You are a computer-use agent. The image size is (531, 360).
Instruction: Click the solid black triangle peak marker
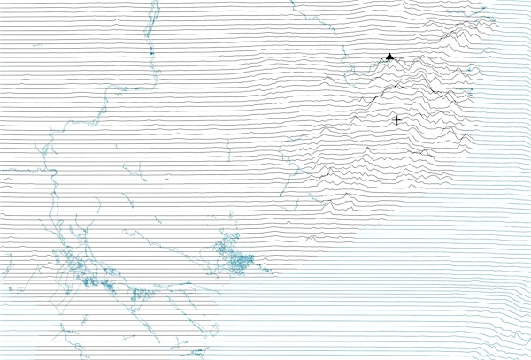pos(389,57)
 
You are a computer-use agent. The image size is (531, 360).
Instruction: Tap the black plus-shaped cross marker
pos(396,119)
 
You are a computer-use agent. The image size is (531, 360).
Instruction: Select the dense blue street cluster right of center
pos(237,260)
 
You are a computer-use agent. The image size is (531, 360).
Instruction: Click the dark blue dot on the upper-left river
pos(151,55)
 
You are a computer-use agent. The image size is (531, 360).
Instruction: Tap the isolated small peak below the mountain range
pos(311,237)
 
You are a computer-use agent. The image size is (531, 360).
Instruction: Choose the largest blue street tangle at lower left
pos(88,274)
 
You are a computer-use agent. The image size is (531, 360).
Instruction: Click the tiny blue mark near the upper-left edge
pos(37,45)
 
